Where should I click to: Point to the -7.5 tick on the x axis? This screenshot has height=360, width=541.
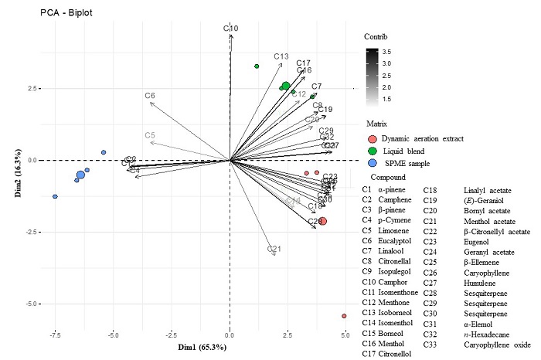pyautogui.click(x=55, y=336)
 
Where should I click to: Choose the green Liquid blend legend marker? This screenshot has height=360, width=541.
pyautogui.click(x=373, y=151)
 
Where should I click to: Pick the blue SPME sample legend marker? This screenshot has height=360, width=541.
pyautogui.click(x=373, y=164)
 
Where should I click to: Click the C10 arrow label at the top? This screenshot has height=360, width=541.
pyautogui.click(x=230, y=29)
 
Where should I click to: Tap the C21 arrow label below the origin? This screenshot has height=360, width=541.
pyautogui.click(x=274, y=249)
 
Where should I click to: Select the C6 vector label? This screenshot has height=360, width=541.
pyautogui.click(x=150, y=96)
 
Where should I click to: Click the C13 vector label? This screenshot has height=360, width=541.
pyautogui.click(x=281, y=56)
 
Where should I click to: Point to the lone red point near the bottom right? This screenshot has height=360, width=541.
pyautogui.click(x=344, y=316)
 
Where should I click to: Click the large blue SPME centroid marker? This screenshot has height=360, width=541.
pyautogui.click(x=80, y=175)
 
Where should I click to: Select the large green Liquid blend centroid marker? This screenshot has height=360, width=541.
pyautogui.click(x=286, y=86)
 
